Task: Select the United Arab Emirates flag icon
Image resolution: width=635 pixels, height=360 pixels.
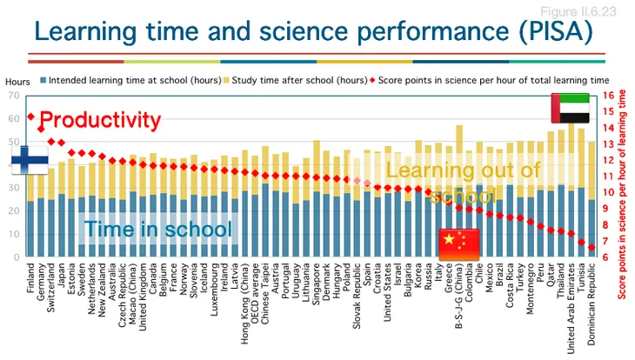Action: click(x=570, y=108)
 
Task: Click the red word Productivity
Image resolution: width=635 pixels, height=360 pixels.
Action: click(x=101, y=119)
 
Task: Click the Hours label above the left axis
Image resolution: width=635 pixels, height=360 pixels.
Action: click(x=17, y=79)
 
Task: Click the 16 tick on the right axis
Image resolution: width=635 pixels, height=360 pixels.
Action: click(x=608, y=95)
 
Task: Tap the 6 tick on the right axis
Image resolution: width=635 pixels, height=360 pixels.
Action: click(x=608, y=257)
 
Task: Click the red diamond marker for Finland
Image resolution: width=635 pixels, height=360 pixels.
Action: click(x=30, y=116)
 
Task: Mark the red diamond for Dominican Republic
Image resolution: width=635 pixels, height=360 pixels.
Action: click(x=592, y=248)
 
